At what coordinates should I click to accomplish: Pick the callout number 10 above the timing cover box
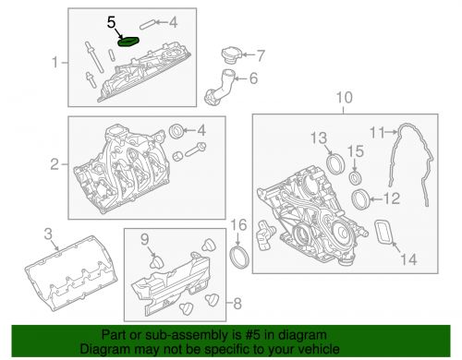[x=344, y=98]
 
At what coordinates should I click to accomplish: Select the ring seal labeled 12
[x=362, y=198]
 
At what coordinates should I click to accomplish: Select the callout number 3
[x=48, y=234]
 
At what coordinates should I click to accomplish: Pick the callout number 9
[x=145, y=241]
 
